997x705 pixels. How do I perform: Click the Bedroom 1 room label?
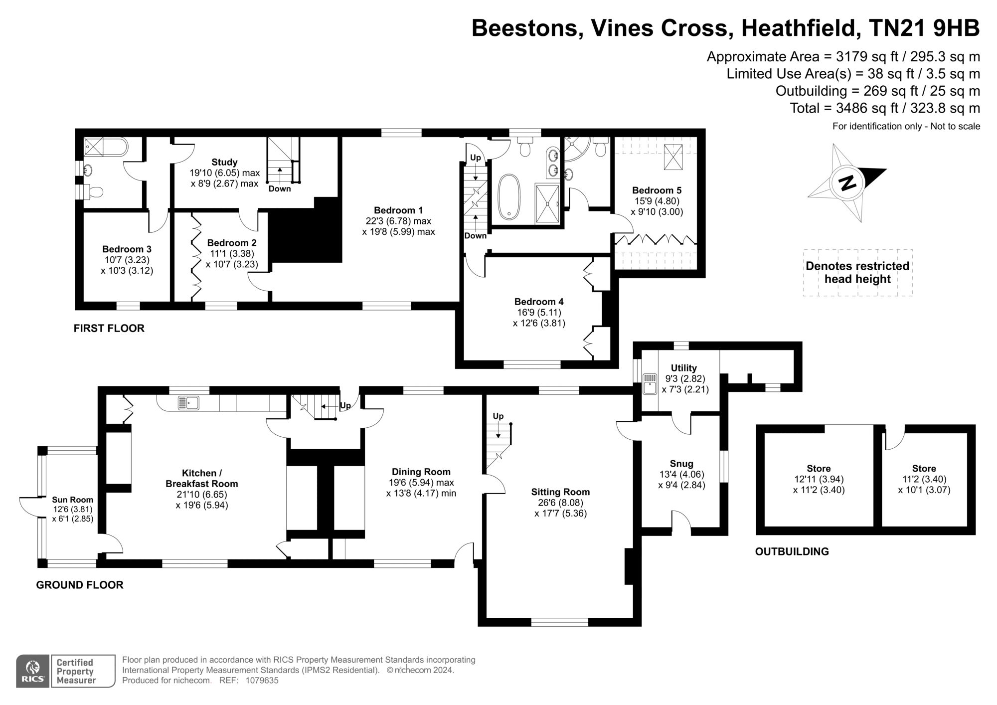pos(398,210)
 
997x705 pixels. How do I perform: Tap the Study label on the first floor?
pos(224,162)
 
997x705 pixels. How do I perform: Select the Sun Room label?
pos(73,500)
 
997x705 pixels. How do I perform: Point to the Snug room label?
pos(681,464)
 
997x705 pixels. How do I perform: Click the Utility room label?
pos(684,368)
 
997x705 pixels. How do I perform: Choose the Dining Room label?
pos(421,472)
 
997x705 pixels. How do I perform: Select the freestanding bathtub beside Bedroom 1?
pos(509,196)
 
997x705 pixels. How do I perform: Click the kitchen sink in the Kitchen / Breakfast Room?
pos(189,402)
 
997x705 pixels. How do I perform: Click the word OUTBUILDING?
pos(792,551)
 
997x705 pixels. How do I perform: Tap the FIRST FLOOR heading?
pos(109,328)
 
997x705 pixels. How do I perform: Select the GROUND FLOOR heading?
pos(80,585)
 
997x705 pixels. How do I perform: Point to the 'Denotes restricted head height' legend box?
pos(857,273)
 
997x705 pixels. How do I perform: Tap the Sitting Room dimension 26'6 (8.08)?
pos(560,503)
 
